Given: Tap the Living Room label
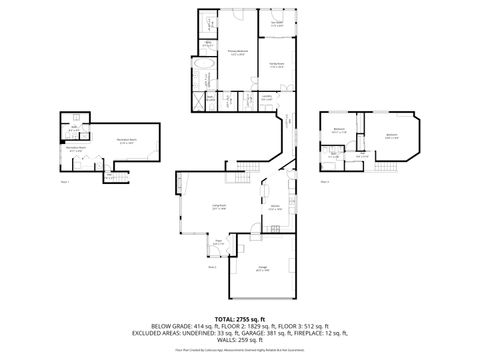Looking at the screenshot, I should pos(218,208).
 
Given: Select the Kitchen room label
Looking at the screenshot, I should pos(274,208).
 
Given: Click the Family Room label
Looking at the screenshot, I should pos(276,65).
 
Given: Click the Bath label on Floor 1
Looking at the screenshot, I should pos(73,128).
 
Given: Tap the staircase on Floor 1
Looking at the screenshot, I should pos(118,177).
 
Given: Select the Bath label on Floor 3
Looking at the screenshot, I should pos(334,155).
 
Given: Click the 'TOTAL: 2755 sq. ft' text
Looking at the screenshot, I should pos(239,316).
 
